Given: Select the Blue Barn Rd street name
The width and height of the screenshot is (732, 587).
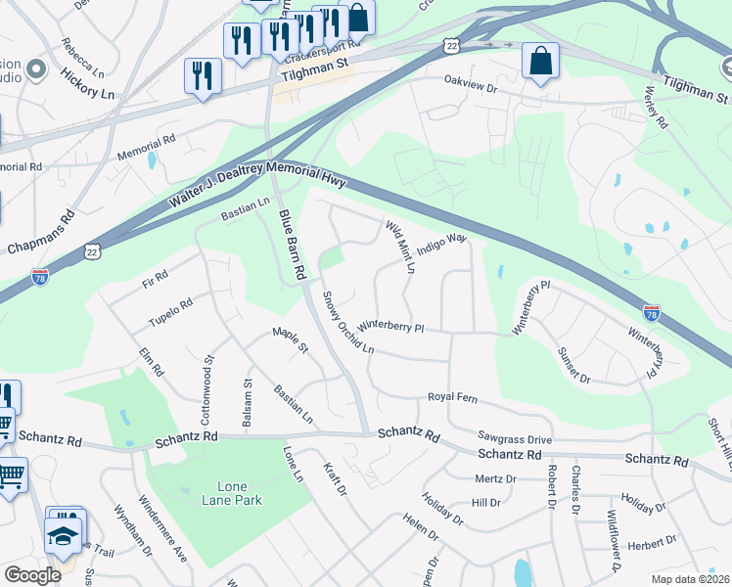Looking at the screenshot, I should [294, 247].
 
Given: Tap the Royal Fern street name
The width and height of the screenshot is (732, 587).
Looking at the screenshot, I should [451, 397].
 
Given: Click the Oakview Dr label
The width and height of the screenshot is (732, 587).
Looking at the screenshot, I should [472, 85].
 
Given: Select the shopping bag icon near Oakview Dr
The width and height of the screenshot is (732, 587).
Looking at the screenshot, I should [540, 62].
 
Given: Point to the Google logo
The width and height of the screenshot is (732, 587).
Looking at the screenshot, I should [32, 575].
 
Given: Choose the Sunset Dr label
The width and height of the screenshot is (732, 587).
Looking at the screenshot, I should [574, 363].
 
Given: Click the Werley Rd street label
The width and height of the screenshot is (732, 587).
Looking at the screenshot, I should [656, 107].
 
